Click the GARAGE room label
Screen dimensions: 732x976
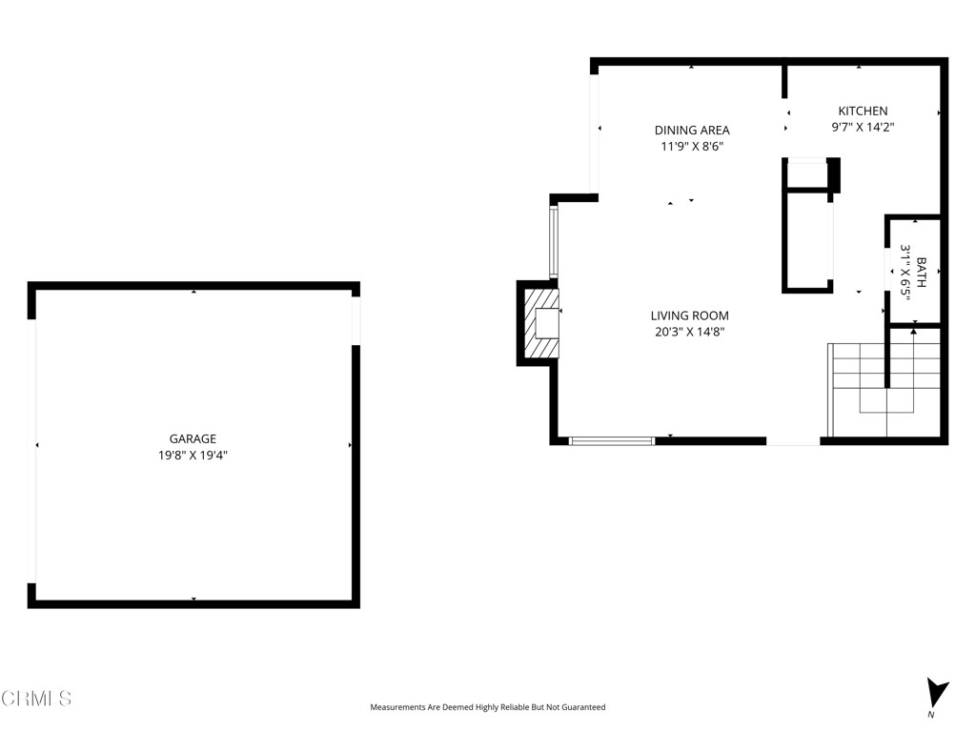coord(193,438)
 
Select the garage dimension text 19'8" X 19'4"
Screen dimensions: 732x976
coord(193,455)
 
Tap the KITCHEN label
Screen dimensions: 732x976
coord(863,111)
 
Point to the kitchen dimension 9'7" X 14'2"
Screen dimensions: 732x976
coord(863,126)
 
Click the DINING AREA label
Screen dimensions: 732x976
coord(692,130)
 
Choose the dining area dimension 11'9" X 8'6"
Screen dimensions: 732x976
coord(692,146)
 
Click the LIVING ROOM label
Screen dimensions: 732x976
coord(690,315)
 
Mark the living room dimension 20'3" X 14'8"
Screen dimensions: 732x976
coord(690,332)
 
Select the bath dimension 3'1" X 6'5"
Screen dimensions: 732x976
coord(906,273)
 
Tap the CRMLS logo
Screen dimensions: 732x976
coord(36,699)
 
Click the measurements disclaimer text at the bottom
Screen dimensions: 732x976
coord(487,707)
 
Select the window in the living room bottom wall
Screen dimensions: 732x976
coord(611,440)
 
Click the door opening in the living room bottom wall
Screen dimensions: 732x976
coord(793,440)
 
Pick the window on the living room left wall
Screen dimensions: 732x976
coord(553,241)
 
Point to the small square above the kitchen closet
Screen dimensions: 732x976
coord(806,173)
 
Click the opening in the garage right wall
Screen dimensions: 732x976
coord(356,320)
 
